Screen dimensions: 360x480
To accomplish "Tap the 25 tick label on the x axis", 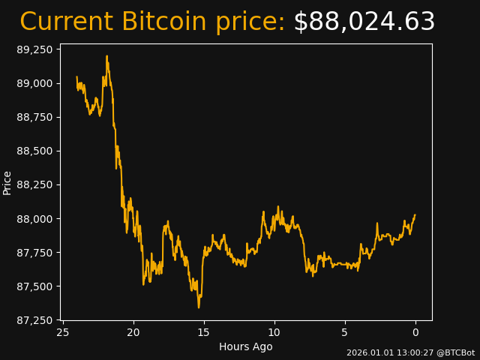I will (x=63, y=332).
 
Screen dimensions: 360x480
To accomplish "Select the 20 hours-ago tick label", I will (x=133, y=332).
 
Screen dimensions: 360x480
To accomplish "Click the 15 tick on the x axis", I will (x=204, y=332).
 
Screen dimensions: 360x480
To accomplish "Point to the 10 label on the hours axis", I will (x=274, y=332).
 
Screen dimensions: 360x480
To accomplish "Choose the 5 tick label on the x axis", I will (x=345, y=332).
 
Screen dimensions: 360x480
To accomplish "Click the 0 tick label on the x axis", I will (x=415, y=332).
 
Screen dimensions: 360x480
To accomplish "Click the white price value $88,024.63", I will (x=364, y=22).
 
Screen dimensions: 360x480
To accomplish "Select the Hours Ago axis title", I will (x=246, y=346).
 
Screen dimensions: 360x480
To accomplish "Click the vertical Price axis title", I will (x=7, y=182).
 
